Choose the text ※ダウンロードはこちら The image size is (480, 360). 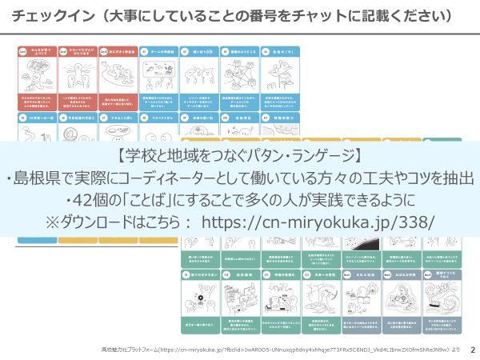115,222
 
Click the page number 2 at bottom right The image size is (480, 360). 472,350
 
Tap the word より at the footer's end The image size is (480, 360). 455,350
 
